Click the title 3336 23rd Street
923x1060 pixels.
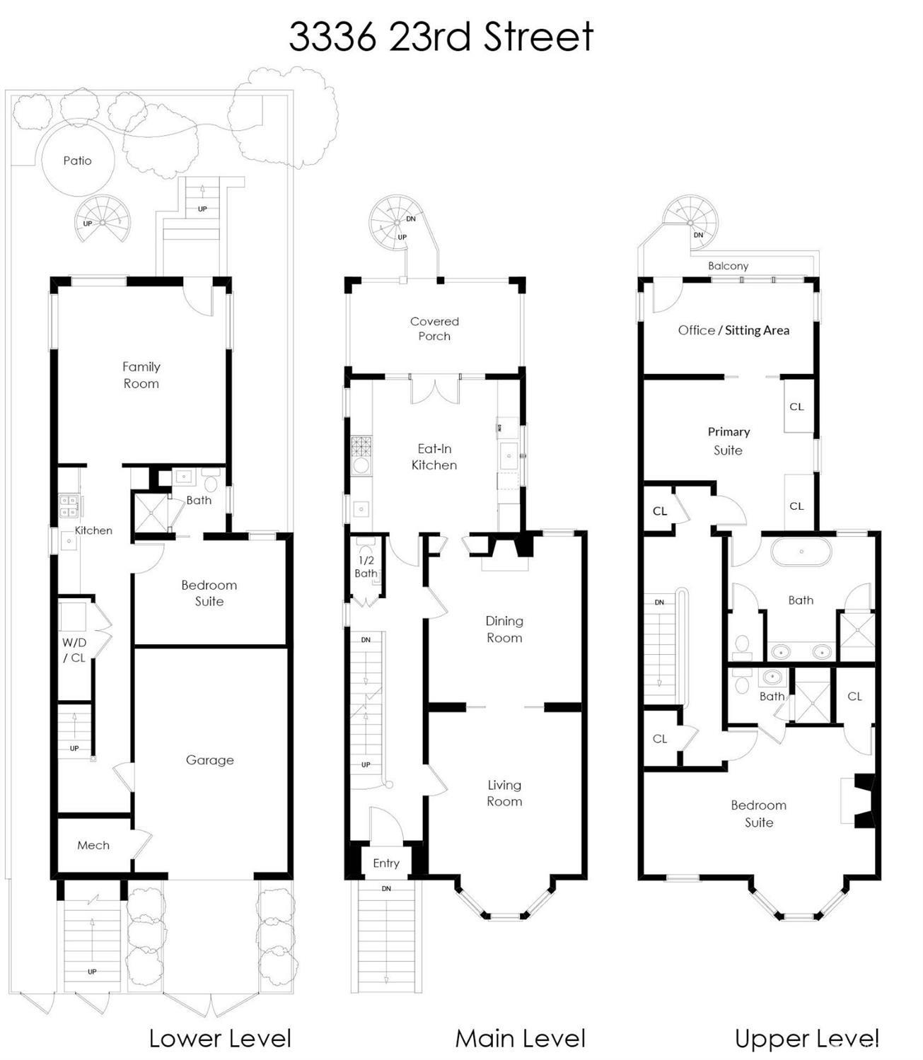click(x=441, y=37)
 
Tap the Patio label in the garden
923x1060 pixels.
click(x=77, y=161)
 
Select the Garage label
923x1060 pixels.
click(x=209, y=760)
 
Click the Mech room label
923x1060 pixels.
click(x=93, y=845)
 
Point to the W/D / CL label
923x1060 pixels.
click(x=74, y=651)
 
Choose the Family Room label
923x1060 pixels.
click(x=141, y=375)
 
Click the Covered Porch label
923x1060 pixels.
click(x=434, y=329)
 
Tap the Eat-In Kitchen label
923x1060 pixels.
click(x=434, y=457)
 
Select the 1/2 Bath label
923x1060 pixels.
click(x=366, y=567)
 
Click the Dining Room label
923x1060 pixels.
click(x=504, y=629)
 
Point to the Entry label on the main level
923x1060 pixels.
click(x=386, y=863)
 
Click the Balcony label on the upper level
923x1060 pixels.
click(x=728, y=266)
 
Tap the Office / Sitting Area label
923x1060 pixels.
click(x=733, y=330)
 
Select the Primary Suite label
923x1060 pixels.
click(x=728, y=441)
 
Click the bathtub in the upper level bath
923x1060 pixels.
click(x=801, y=552)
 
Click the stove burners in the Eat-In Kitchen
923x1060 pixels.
click(x=361, y=446)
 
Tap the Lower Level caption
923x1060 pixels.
click(x=220, y=1039)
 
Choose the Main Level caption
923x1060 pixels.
click(x=521, y=1039)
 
